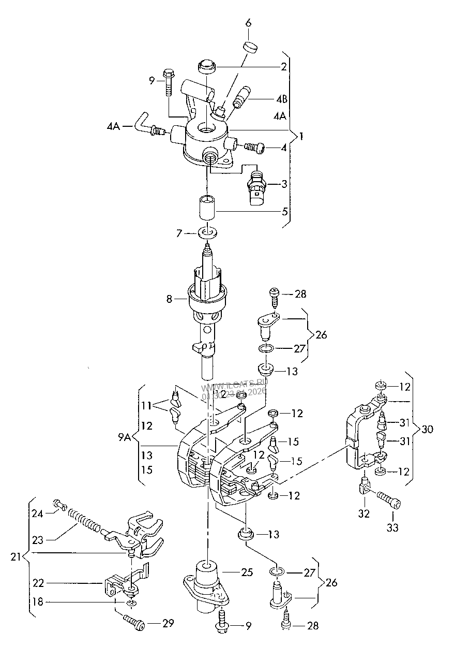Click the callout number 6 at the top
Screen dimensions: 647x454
[248, 23]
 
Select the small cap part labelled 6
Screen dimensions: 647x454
[250, 47]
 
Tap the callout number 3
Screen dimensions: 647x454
[284, 184]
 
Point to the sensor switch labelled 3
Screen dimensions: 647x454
[257, 188]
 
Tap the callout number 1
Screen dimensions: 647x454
[301, 137]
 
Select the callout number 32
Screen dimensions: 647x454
[365, 513]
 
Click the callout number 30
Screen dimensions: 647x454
[427, 429]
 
